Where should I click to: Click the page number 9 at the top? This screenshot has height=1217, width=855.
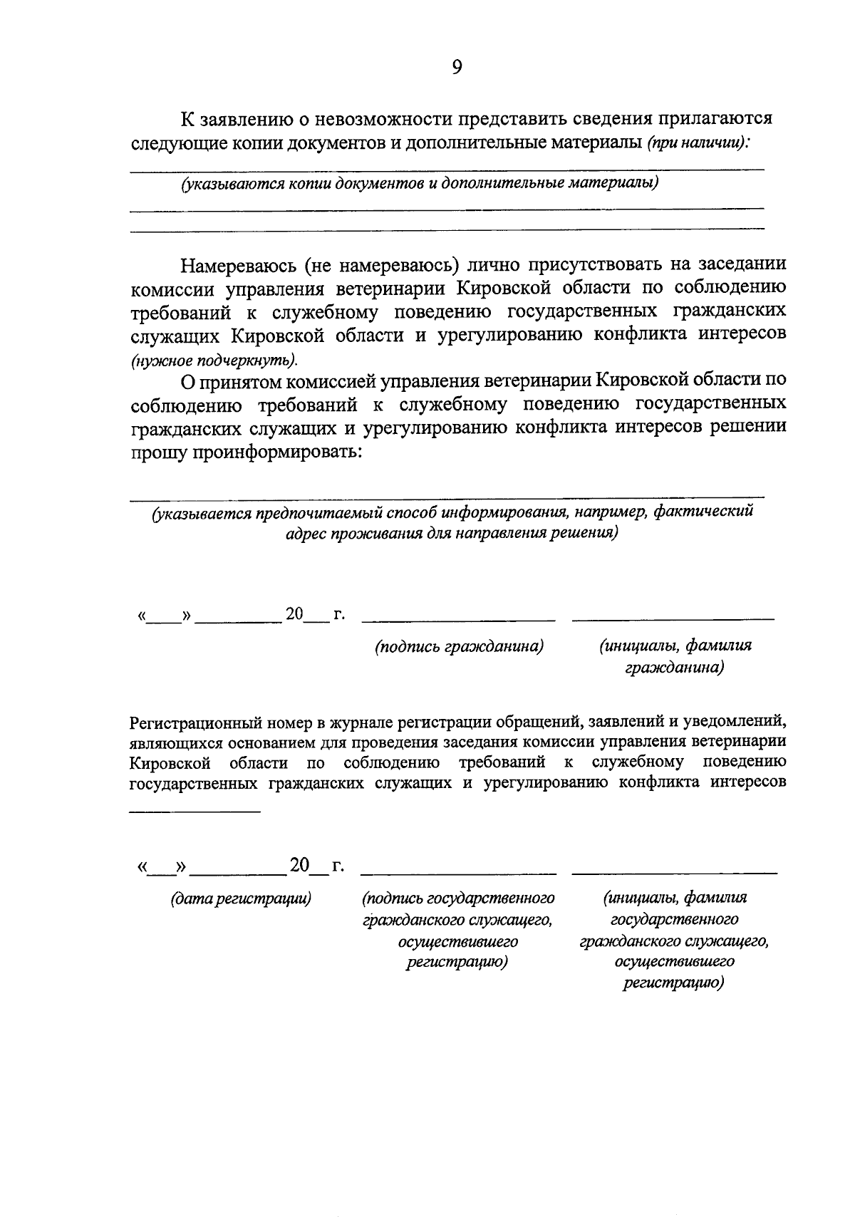[457, 68]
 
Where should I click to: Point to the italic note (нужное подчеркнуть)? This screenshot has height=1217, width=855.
[214, 359]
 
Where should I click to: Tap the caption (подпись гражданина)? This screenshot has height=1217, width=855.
[460, 646]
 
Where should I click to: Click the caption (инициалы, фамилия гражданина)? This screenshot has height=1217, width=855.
[675, 656]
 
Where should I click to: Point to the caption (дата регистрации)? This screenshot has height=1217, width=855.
[242, 898]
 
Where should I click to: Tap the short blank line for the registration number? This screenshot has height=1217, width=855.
[195, 811]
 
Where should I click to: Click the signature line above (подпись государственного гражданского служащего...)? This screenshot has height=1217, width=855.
[458, 872]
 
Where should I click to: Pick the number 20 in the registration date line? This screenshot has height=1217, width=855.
[299, 865]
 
